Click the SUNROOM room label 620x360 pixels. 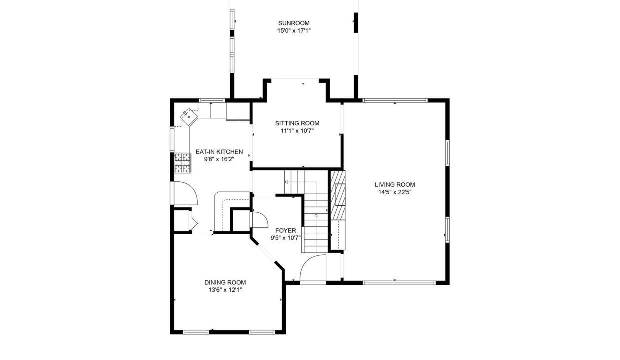[294, 23]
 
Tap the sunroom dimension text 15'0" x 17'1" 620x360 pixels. [294, 31]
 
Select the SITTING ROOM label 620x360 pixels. [297, 123]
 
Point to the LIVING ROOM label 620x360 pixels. [395, 185]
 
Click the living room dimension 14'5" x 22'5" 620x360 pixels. [395, 192]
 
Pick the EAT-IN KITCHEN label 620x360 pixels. [219, 152]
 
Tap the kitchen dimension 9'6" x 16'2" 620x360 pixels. [219, 159]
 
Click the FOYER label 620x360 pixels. [286, 230]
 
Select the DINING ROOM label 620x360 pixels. [225, 282]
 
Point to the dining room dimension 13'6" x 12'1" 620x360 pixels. [225, 290]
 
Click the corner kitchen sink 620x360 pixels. [189, 117]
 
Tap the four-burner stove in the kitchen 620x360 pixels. [182, 163]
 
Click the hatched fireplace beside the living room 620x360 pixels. [338, 195]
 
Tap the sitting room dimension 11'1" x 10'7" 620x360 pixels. [297, 131]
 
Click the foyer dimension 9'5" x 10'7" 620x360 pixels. [286, 238]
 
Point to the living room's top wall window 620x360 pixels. [395, 100]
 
